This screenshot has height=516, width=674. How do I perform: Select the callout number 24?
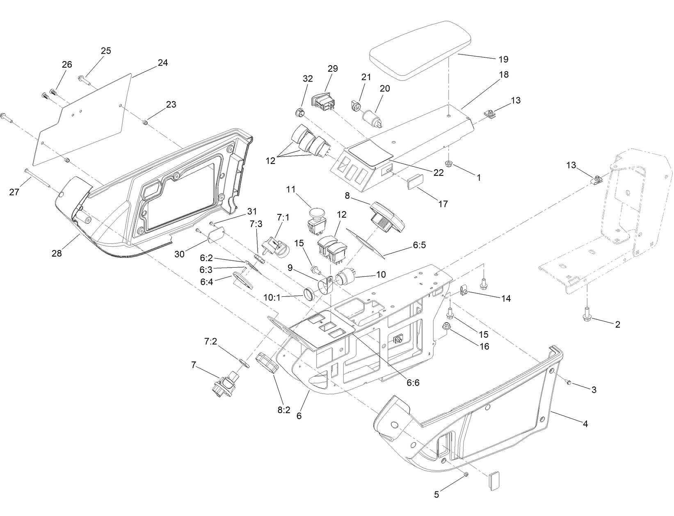point(162,63)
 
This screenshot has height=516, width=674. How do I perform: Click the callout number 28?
point(57,253)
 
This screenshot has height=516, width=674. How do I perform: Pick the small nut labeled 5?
point(466,474)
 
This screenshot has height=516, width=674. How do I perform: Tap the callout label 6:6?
point(413,382)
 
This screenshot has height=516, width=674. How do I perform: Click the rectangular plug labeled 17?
point(415,182)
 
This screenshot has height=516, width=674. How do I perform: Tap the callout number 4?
point(585,424)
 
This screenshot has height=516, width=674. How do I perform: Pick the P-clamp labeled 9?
point(326,285)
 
